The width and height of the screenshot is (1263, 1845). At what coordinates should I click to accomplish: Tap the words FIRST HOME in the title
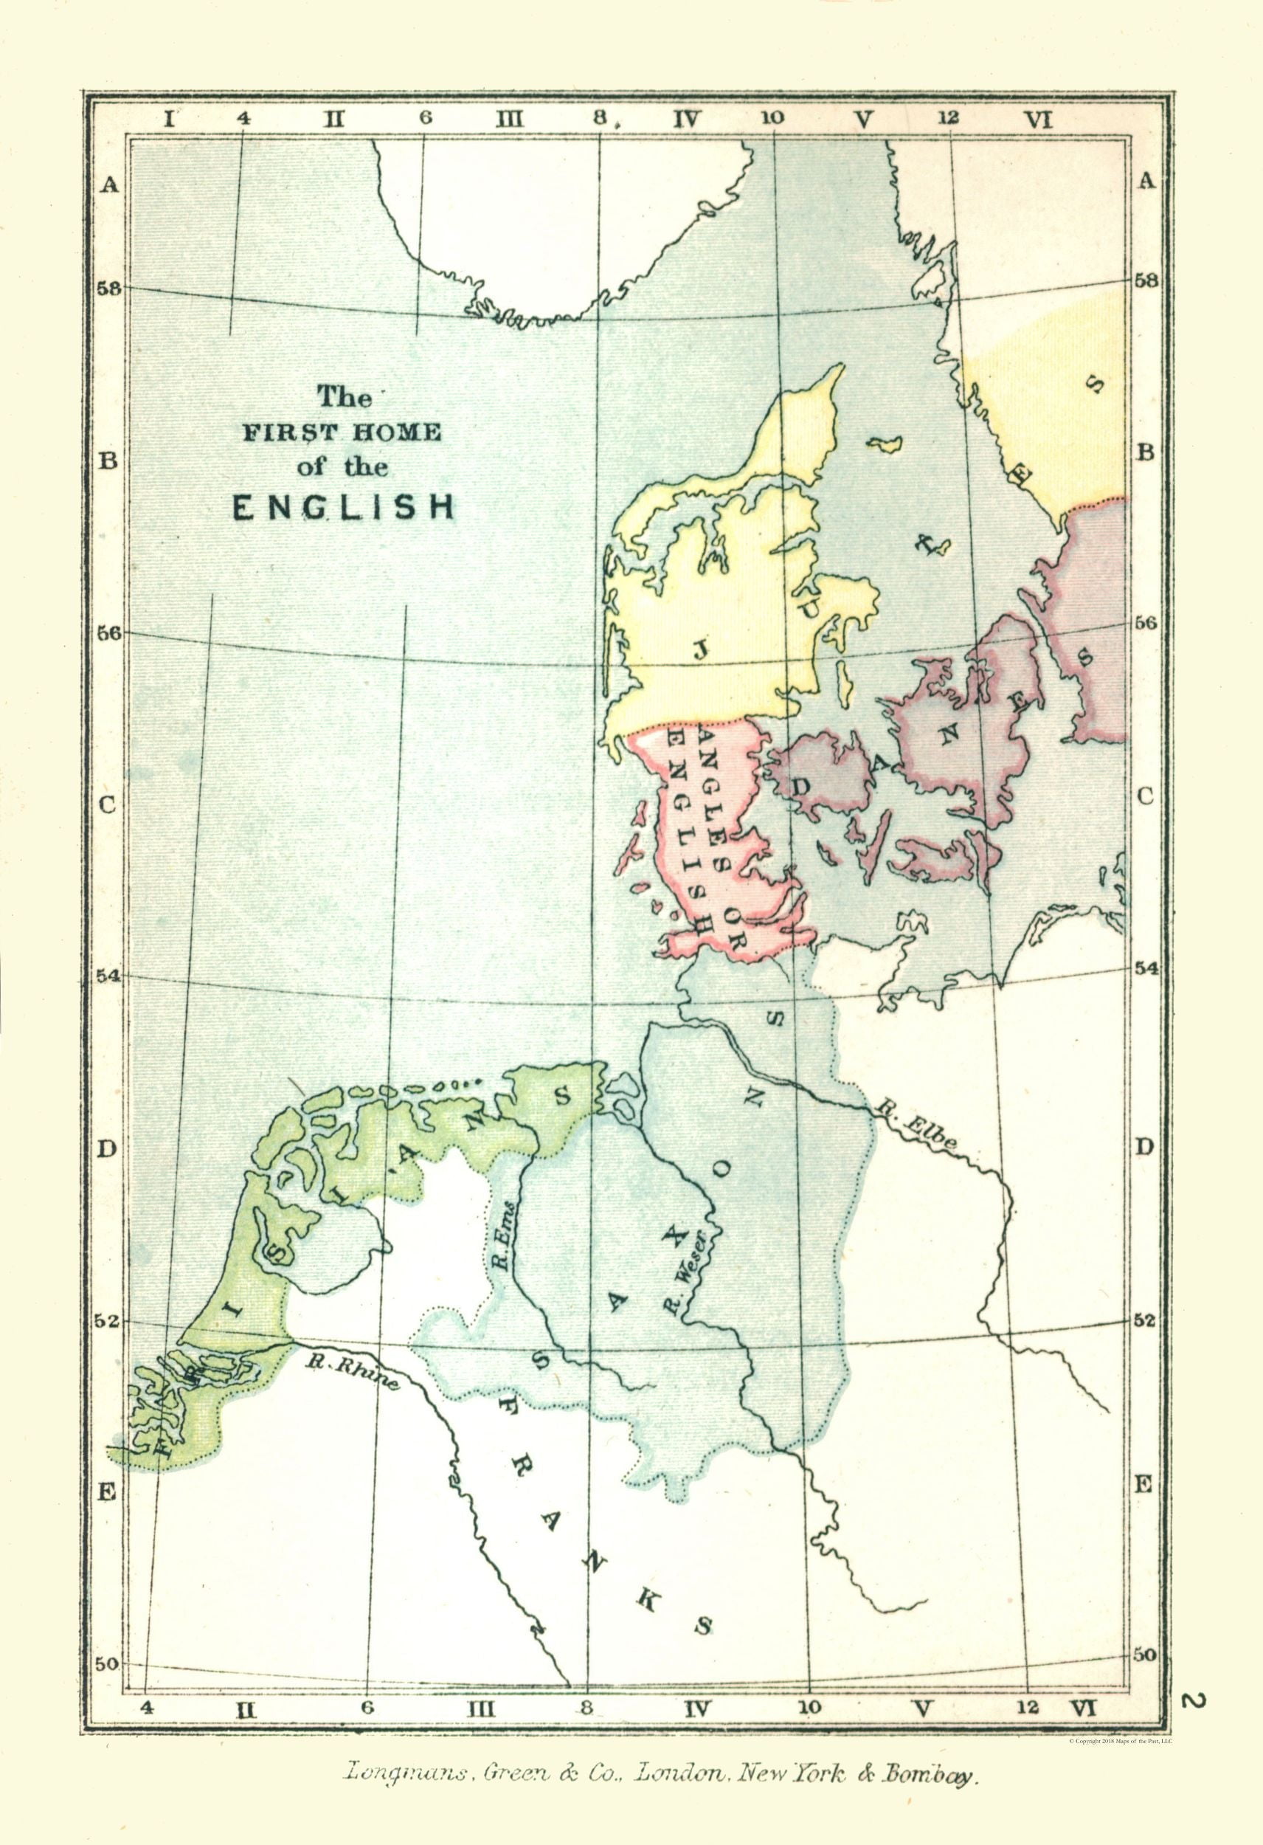[342, 432]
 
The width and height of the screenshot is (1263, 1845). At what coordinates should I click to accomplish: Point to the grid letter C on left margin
[108, 804]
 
